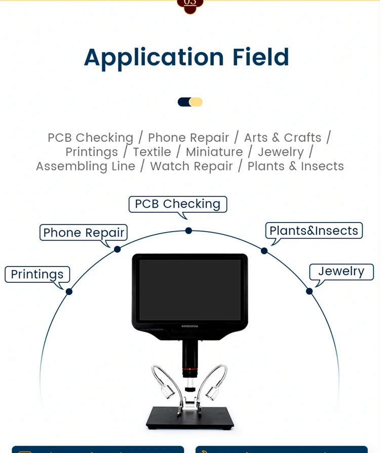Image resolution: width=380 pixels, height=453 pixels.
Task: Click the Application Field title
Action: [x=186, y=57]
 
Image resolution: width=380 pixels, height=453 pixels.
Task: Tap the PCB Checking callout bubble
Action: [x=177, y=204]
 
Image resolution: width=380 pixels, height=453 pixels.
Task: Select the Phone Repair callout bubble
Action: [x=84, y=233]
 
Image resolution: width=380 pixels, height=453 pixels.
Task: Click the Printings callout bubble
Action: [x=37, y=275]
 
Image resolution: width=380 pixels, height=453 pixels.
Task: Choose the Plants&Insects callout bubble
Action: [x=314, y=231]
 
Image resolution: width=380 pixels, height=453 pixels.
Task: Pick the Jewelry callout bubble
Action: [x=341, y=272]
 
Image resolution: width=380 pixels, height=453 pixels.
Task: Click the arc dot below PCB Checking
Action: [x=188, y=231]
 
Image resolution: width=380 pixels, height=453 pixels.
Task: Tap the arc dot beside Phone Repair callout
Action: [x=117, y=249]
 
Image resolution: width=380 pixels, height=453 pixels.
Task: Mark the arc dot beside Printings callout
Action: [x=69, y=291]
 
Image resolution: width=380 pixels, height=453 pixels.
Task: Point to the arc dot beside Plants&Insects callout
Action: [x=264, y=250]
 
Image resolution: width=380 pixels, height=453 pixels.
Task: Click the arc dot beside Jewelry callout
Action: [x=309, y=291]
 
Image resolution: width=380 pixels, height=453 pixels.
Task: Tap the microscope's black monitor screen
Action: [x=190, y=290]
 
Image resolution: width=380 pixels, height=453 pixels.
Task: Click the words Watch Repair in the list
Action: [x=192, y=166]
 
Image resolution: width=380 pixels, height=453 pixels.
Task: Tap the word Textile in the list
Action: [x=152, y=152]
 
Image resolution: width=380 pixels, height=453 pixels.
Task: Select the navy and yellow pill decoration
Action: [x=190, y=102]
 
